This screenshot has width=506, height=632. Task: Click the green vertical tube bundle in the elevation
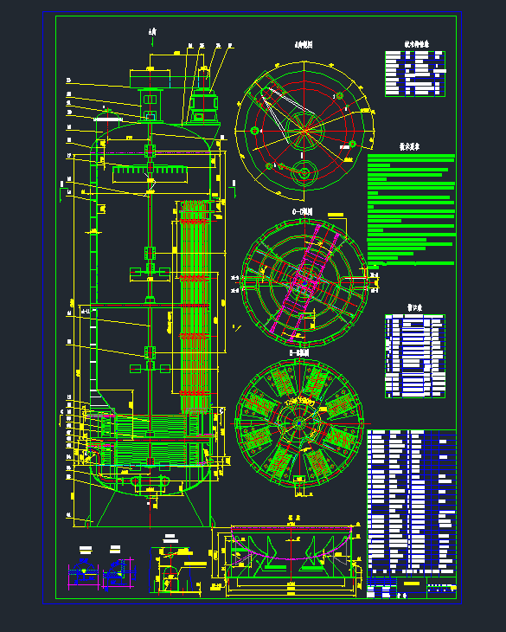pos(195,303)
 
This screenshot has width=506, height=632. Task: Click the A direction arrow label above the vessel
pos(152,34)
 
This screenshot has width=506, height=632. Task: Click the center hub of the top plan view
pos(304,127)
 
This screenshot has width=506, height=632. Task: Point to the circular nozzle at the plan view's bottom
pos(304,172)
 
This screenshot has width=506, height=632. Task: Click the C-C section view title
pos(303,210)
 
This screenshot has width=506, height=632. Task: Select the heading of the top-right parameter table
pos(416,43)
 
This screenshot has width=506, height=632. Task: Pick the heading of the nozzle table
pos(413,307)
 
